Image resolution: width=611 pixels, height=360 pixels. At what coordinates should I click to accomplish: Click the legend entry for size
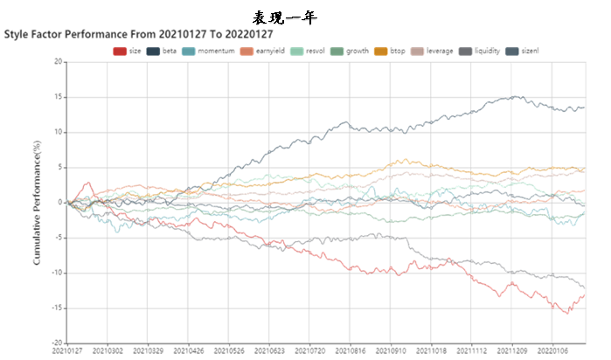click(128, 51)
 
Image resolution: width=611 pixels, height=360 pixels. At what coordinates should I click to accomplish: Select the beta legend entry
click(162, 51)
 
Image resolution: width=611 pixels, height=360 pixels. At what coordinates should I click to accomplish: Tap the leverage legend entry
click(433, 51)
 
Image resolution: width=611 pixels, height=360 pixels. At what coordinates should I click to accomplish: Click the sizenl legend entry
click(524, 51)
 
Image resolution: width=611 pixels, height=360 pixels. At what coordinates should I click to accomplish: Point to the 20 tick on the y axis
click(58, 62)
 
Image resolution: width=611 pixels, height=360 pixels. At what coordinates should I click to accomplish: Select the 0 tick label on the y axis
click(60, 203)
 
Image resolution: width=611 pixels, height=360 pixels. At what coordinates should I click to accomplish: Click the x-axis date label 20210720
click(310, 350)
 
